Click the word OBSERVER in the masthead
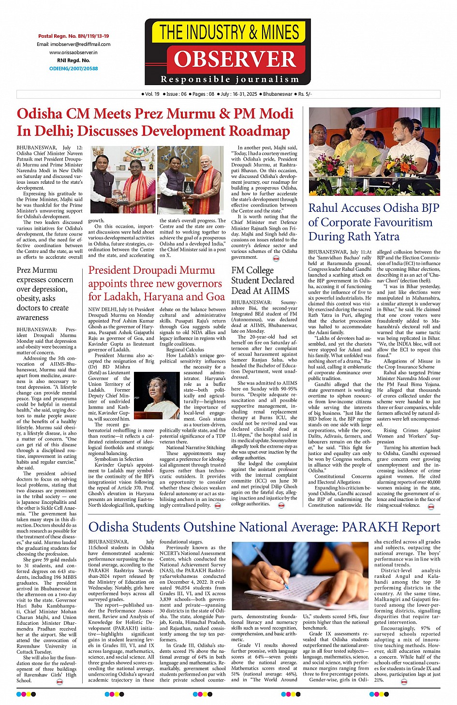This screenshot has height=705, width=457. (235, 59)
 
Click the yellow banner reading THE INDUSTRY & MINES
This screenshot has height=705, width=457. (229, 32)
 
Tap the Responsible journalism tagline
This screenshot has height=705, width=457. (230, 79)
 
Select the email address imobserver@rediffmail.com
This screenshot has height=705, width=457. (74, 44)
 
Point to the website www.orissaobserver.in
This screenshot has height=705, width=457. (74, 52)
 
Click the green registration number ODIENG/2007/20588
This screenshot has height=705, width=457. (74, 69)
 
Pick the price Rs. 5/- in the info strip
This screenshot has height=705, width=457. (305, 94)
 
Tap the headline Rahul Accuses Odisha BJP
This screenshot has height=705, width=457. (373, 208)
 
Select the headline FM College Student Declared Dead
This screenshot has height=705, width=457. (262, 280)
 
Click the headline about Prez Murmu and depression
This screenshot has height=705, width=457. (45, 294)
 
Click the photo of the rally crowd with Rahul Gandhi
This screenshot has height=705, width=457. (374, 151)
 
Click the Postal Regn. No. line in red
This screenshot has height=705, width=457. (74, 36)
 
